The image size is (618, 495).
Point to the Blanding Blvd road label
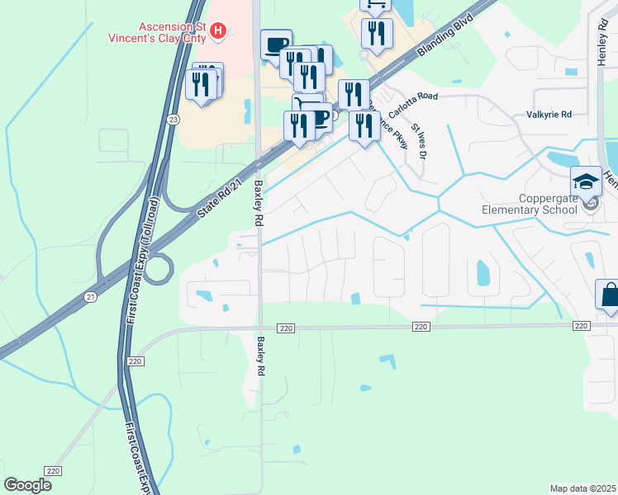point(445,35)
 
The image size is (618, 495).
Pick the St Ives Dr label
point(420,143)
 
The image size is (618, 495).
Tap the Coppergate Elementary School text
point(530,204)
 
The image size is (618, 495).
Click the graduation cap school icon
point(587,181)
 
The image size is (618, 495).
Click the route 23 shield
point(172,120)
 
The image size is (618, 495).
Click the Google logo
point(27,485)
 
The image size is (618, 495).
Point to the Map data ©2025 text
point(582,488)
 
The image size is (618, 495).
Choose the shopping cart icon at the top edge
point(376,5)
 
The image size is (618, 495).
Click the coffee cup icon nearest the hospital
point(276,44)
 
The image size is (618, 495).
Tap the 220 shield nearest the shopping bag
point(582,327)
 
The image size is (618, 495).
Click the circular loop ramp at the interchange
point(160,267)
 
